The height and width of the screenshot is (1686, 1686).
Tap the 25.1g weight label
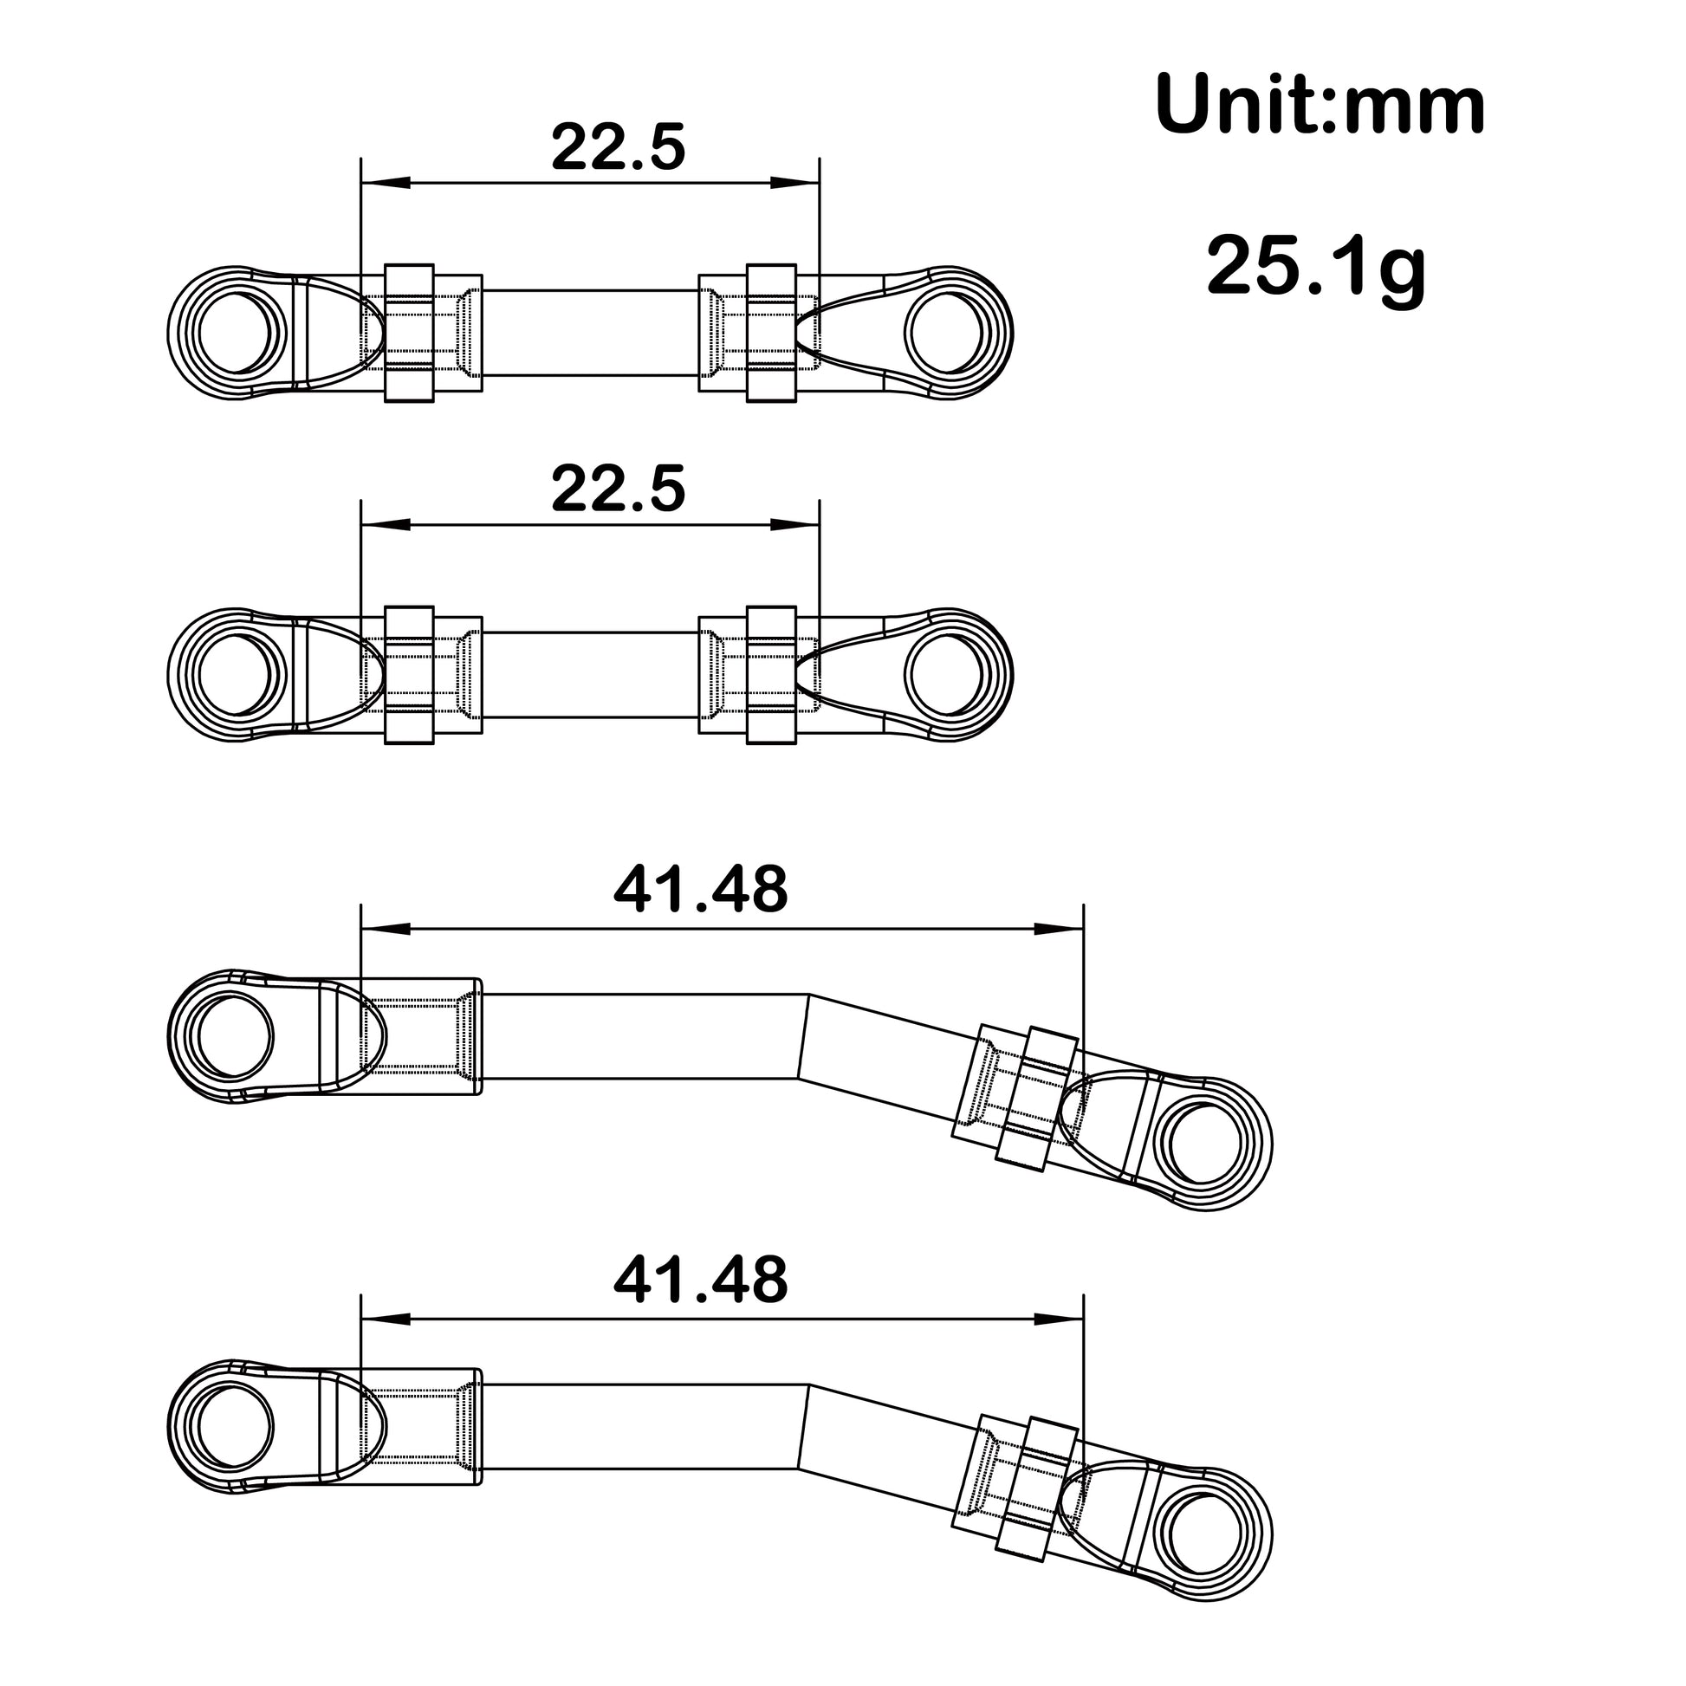click(1315, 265)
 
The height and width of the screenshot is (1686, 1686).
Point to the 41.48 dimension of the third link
click(700, 890)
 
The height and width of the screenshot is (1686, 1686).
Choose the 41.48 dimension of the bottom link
click(700, 1281)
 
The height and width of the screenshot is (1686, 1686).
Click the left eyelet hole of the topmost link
click(237, 333)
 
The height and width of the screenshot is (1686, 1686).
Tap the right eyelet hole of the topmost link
click(945, 334)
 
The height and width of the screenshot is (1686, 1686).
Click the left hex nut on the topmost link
click(409, 334)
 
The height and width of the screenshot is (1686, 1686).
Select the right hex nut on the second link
click(771, 676)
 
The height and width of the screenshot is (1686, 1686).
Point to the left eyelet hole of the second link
click(237, 675)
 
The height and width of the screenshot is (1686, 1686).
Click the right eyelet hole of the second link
click(945, 676)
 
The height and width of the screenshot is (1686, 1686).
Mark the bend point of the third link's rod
click(804, 1036)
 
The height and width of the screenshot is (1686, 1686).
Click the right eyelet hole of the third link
click(1205, 1143)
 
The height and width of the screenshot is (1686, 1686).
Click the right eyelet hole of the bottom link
click(1205, 1534)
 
